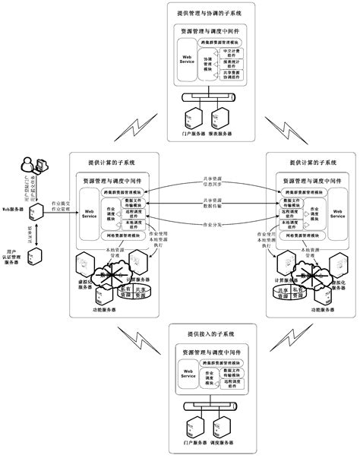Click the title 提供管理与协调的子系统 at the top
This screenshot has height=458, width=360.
(x=210, y=12)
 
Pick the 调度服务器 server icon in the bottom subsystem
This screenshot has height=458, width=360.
(x=220, y=429)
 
